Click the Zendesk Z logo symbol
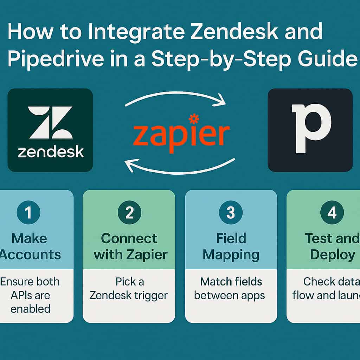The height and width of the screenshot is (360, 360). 50,122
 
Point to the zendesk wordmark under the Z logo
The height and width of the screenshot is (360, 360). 51,152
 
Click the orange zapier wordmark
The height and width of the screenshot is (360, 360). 181,135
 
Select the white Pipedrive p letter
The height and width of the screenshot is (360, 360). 311,128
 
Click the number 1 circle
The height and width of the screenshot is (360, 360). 28,213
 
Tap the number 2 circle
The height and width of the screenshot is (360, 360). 129,213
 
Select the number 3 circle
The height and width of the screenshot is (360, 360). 231,213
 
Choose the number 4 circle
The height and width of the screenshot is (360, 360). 332,213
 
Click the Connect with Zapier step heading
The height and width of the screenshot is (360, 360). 129,246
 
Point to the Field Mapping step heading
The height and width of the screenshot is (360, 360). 231,246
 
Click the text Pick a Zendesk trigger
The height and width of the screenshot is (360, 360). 129,288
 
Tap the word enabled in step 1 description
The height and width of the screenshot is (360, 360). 30,309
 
